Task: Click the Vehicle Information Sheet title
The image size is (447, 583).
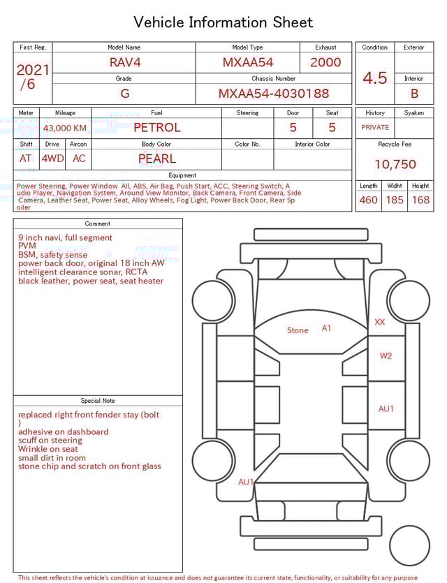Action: pos(223,22)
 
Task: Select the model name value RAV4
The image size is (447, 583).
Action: pos(125,62)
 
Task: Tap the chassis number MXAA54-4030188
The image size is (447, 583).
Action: pos(274,94)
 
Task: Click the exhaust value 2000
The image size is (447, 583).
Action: pos(325,62)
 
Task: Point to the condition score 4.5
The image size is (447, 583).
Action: pos(374,78)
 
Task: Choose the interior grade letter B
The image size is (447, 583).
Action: pos(414,94)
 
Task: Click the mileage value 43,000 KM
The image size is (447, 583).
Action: pos(65,128)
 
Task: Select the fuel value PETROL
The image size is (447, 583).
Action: pos(156,127)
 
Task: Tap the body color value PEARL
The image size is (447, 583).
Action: pos(156,158)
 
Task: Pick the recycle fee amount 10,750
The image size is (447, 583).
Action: pos(395,164)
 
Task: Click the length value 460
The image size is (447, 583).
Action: pos(368,200)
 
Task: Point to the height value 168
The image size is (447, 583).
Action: pos(420,200)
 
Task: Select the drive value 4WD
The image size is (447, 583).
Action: pos(52,158)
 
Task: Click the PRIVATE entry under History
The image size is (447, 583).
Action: pos(375,127)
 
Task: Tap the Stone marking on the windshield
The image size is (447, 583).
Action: pos(298,330)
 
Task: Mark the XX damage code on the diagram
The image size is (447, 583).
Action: pos(380,322)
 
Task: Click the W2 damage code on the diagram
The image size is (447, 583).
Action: pos(386,356)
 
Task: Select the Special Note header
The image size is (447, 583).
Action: pos(98,401)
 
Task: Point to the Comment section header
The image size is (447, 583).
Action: pos(98,224)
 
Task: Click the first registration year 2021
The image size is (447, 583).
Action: pos(33,70)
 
